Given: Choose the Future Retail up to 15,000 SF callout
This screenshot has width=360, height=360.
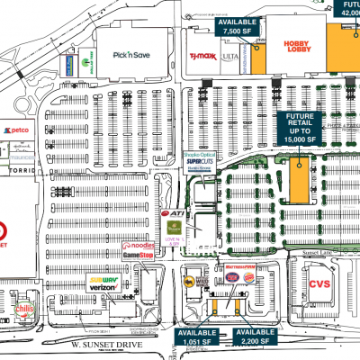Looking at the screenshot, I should coord(306,129).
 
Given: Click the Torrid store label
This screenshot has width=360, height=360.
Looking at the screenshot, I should coord(19,169).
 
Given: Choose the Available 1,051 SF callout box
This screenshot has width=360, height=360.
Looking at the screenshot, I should coord(195,337).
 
